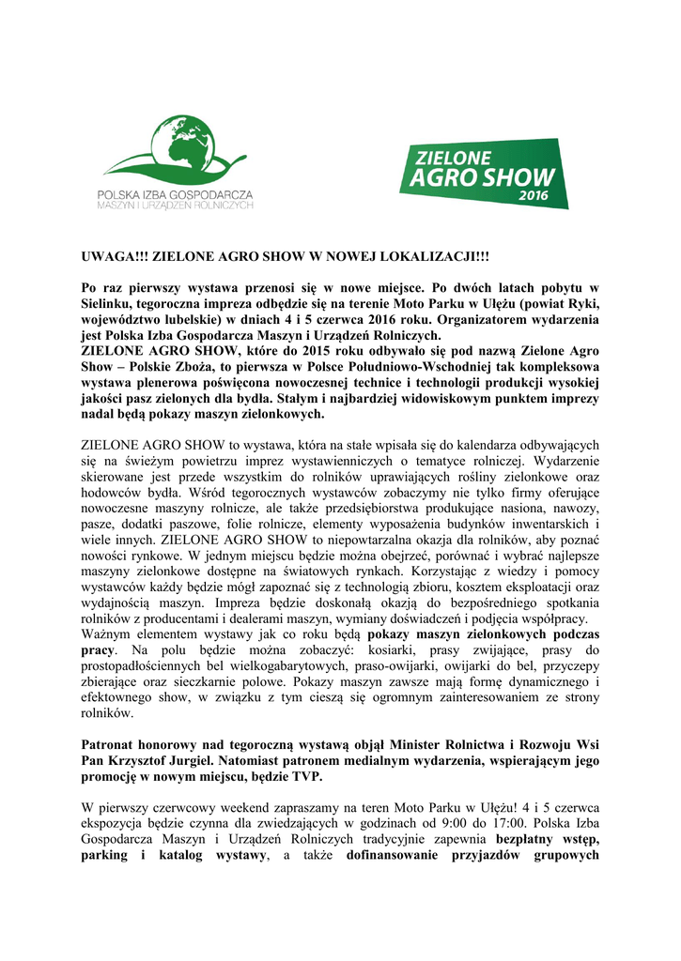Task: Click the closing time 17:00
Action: tap(580, 823)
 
